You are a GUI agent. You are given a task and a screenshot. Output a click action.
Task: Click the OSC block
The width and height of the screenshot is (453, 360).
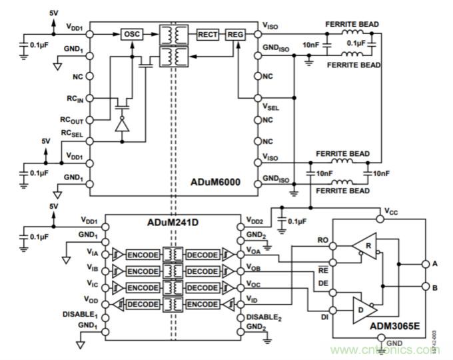[132, 33]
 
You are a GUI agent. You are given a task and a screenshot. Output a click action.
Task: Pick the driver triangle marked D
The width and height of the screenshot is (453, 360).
[362, 309]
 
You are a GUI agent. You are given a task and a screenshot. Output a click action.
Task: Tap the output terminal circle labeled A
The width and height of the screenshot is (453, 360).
[424, 263]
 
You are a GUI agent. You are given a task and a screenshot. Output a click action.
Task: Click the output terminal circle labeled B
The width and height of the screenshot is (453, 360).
[424, 287]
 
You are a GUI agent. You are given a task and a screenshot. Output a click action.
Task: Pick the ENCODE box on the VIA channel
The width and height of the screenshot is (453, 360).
[142, 253]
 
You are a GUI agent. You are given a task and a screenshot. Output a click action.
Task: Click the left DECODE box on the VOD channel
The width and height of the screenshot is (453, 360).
[142, 305]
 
